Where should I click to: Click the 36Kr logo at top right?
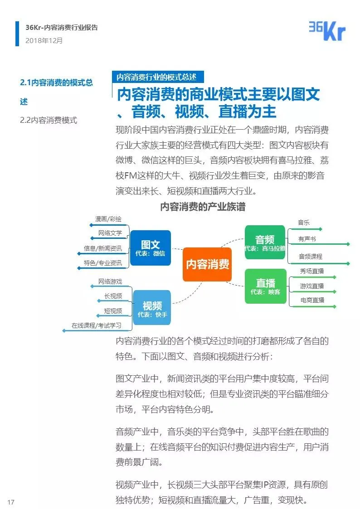(327, 31)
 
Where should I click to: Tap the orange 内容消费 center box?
(207, 264)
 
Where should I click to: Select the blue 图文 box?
(150, 248)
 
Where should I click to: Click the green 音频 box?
(265, 242)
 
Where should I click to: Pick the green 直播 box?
(265, 286)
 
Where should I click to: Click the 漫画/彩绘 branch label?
(108, 219)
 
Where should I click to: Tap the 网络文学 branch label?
(110, 233)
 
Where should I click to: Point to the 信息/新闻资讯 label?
(103, 248)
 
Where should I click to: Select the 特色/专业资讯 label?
(103, 263)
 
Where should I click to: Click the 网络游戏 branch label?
(110, 281)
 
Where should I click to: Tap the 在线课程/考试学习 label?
(96, 325)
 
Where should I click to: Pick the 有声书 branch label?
(307, 239)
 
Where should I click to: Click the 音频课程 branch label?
(310, 257)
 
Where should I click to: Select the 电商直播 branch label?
(312, 300)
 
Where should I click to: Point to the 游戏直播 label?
(312, 286)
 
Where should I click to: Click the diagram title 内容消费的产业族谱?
(203, 207)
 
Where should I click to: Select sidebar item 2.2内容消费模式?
(49, 120)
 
